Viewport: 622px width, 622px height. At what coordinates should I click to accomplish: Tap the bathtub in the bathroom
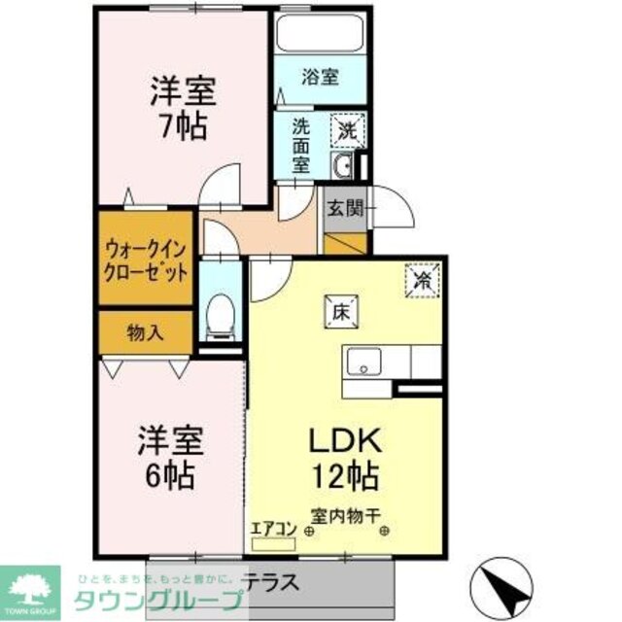(319, 33)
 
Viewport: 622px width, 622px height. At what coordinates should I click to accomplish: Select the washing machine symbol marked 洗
(346, 127)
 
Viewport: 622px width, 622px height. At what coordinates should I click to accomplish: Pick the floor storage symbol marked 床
(340, 311)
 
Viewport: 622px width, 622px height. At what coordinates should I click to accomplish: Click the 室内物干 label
(346, 516)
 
